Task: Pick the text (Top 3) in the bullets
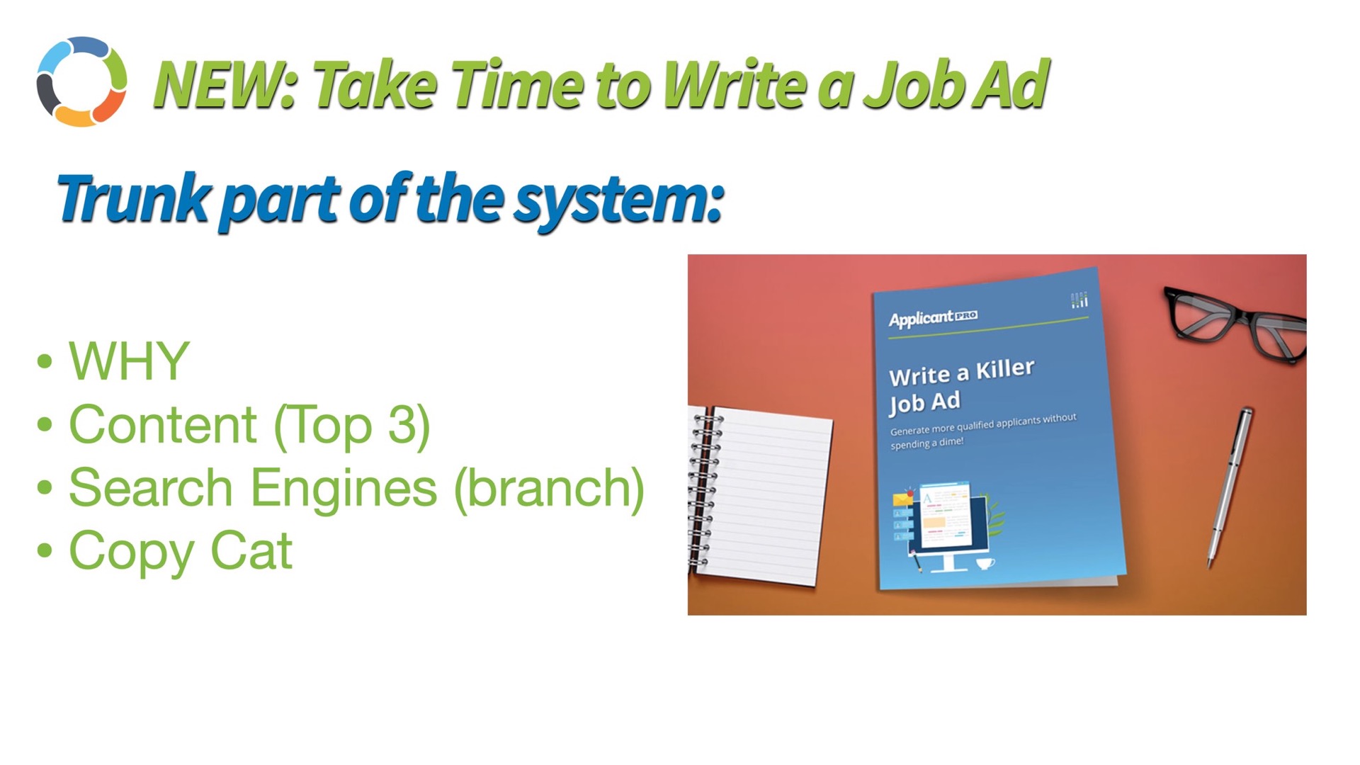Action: coord(352,426)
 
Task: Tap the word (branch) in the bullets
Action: coord(549,489)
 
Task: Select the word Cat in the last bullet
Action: coord(251,551)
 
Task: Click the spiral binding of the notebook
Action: coord(704,489)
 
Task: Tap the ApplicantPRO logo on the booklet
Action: coord(933,318)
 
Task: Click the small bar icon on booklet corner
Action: coord(1079,300)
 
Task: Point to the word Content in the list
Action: coord(163,425)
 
